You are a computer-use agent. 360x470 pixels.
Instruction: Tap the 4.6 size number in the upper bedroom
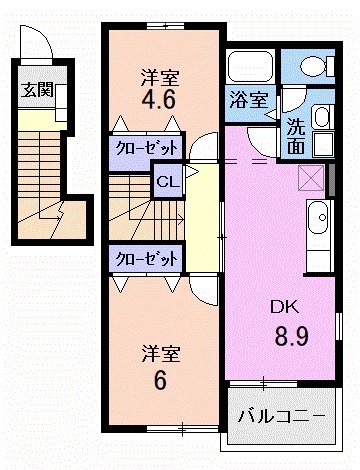161,101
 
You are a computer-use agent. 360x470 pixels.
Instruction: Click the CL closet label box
166,181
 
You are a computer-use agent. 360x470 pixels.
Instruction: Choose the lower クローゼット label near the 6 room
146,257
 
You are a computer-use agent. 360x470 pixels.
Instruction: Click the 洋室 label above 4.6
160,75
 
